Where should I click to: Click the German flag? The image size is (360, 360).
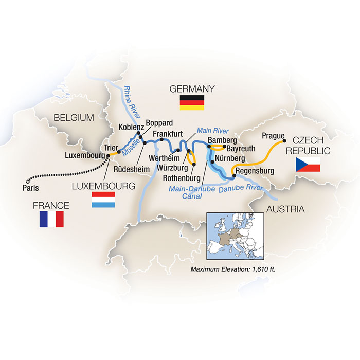tap(192, 103)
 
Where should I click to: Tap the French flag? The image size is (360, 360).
tap(51, 219)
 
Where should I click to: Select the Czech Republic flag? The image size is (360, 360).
tap(308, 165)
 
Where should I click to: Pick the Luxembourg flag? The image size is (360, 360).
tap(103, 200)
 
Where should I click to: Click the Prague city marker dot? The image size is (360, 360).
tap(284, 140)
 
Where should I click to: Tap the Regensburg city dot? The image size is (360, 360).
tap(234, 176)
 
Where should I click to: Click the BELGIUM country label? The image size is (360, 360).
tap(74, 118)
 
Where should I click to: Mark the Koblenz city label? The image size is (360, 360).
tap(121, 128)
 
